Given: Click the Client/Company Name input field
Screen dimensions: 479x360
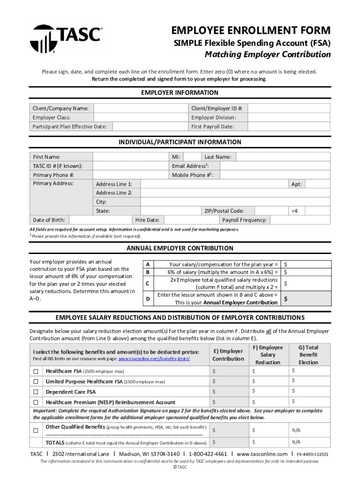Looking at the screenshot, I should click(140, 108).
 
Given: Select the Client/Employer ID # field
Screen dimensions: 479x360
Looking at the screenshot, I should click(289, 108).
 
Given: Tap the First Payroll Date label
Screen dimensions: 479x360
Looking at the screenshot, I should click(212, 127).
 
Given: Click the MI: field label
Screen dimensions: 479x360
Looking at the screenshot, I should click(176, 157).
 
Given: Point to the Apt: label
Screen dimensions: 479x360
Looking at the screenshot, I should click(296, 184).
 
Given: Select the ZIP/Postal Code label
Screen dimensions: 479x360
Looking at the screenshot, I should click(223, 211).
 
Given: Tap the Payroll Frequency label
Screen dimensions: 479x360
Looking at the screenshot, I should click(244, 220).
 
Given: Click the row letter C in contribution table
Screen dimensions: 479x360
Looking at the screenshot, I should click(148, 283).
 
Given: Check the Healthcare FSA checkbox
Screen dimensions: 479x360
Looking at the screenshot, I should click(36, 371).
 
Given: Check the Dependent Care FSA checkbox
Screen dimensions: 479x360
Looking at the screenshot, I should click(36, 392).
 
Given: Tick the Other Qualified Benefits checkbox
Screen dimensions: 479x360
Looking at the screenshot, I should click(36, 430).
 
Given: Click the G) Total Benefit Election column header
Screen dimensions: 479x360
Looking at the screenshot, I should click(308, 355).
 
